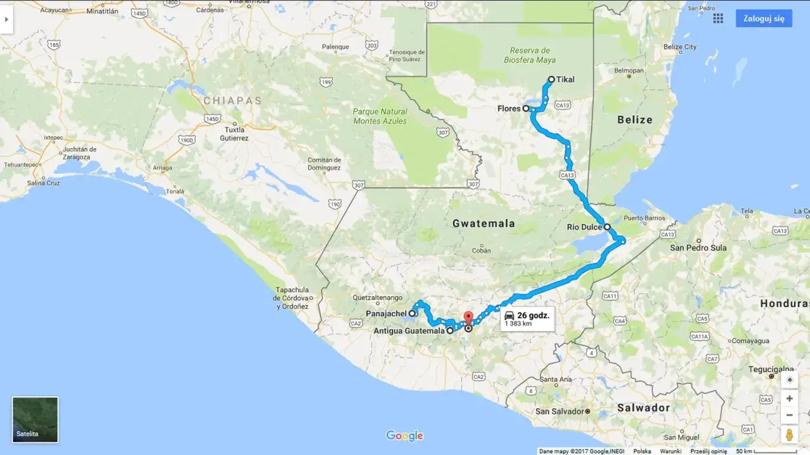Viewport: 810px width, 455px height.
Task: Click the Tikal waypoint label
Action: (x=565, y=80)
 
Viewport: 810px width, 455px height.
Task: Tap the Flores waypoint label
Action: (x=509, y=109)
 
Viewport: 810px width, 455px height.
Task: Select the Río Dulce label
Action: (x=583, y=227)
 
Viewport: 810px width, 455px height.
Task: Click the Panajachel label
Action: (x=386, y=313)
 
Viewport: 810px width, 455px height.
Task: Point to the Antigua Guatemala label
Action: (x=409, y=330)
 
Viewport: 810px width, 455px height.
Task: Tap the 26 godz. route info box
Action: (x=527, y=319)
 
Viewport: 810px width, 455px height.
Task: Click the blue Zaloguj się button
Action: (x=763, y=18)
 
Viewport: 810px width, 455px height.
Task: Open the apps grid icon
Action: (x=718, y=18)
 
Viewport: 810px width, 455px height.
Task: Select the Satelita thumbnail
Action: (x=35, y=420)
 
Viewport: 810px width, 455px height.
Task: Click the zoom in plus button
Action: (x=789, y=399)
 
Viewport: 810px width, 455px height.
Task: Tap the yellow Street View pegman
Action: (x=789, y=435)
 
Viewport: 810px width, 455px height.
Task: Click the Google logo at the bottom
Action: (x=404, y=435)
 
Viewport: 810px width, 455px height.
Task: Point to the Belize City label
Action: (x=680, y=47)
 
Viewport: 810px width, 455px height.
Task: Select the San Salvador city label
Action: (x=559, y=411)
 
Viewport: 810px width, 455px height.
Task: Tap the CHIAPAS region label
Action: (x=232, y=101)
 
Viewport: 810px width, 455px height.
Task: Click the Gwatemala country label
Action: (x=483, y=223)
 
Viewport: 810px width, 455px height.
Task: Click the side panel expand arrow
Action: (x=6, y=19)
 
